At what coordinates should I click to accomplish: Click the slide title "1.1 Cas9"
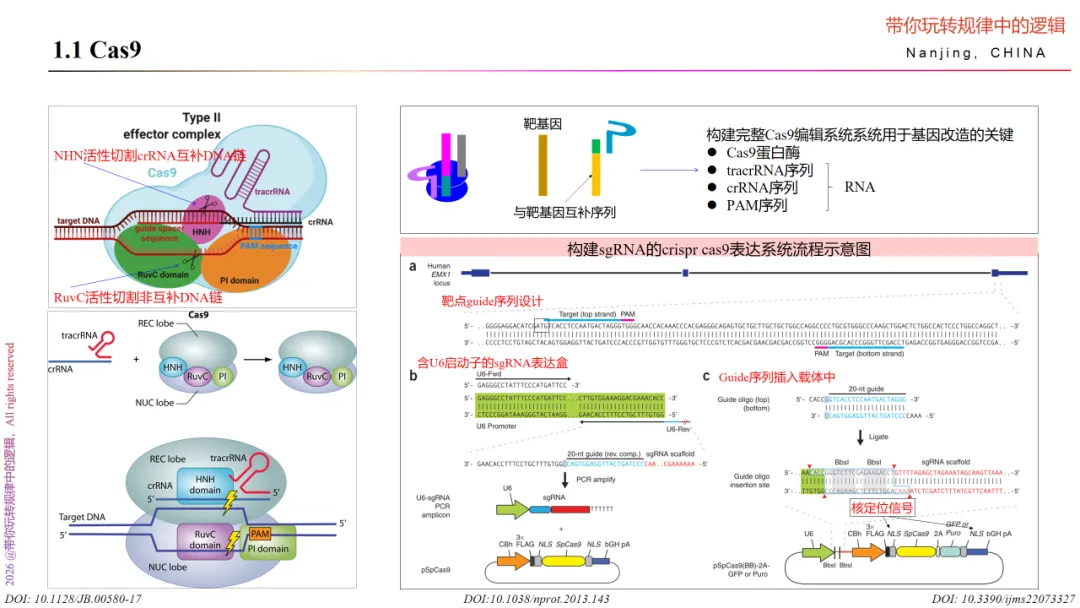(96, 49)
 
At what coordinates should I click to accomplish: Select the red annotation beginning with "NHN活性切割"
(150, 155)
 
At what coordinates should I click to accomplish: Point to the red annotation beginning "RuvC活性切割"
(137, 298)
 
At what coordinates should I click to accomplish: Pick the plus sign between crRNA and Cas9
(135, 358)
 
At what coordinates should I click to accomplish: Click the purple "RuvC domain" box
(205, 538)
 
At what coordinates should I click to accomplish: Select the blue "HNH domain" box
(204, 485)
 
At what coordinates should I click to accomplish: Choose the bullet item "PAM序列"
(756, 205)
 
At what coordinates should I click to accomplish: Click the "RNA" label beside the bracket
(859, 187)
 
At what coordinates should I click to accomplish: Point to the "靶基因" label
(543, 124)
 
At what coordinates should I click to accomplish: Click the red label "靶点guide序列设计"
(492, 301)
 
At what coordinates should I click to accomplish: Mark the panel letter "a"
(412, 267)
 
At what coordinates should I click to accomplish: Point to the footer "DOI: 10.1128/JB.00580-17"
(72, 598)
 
